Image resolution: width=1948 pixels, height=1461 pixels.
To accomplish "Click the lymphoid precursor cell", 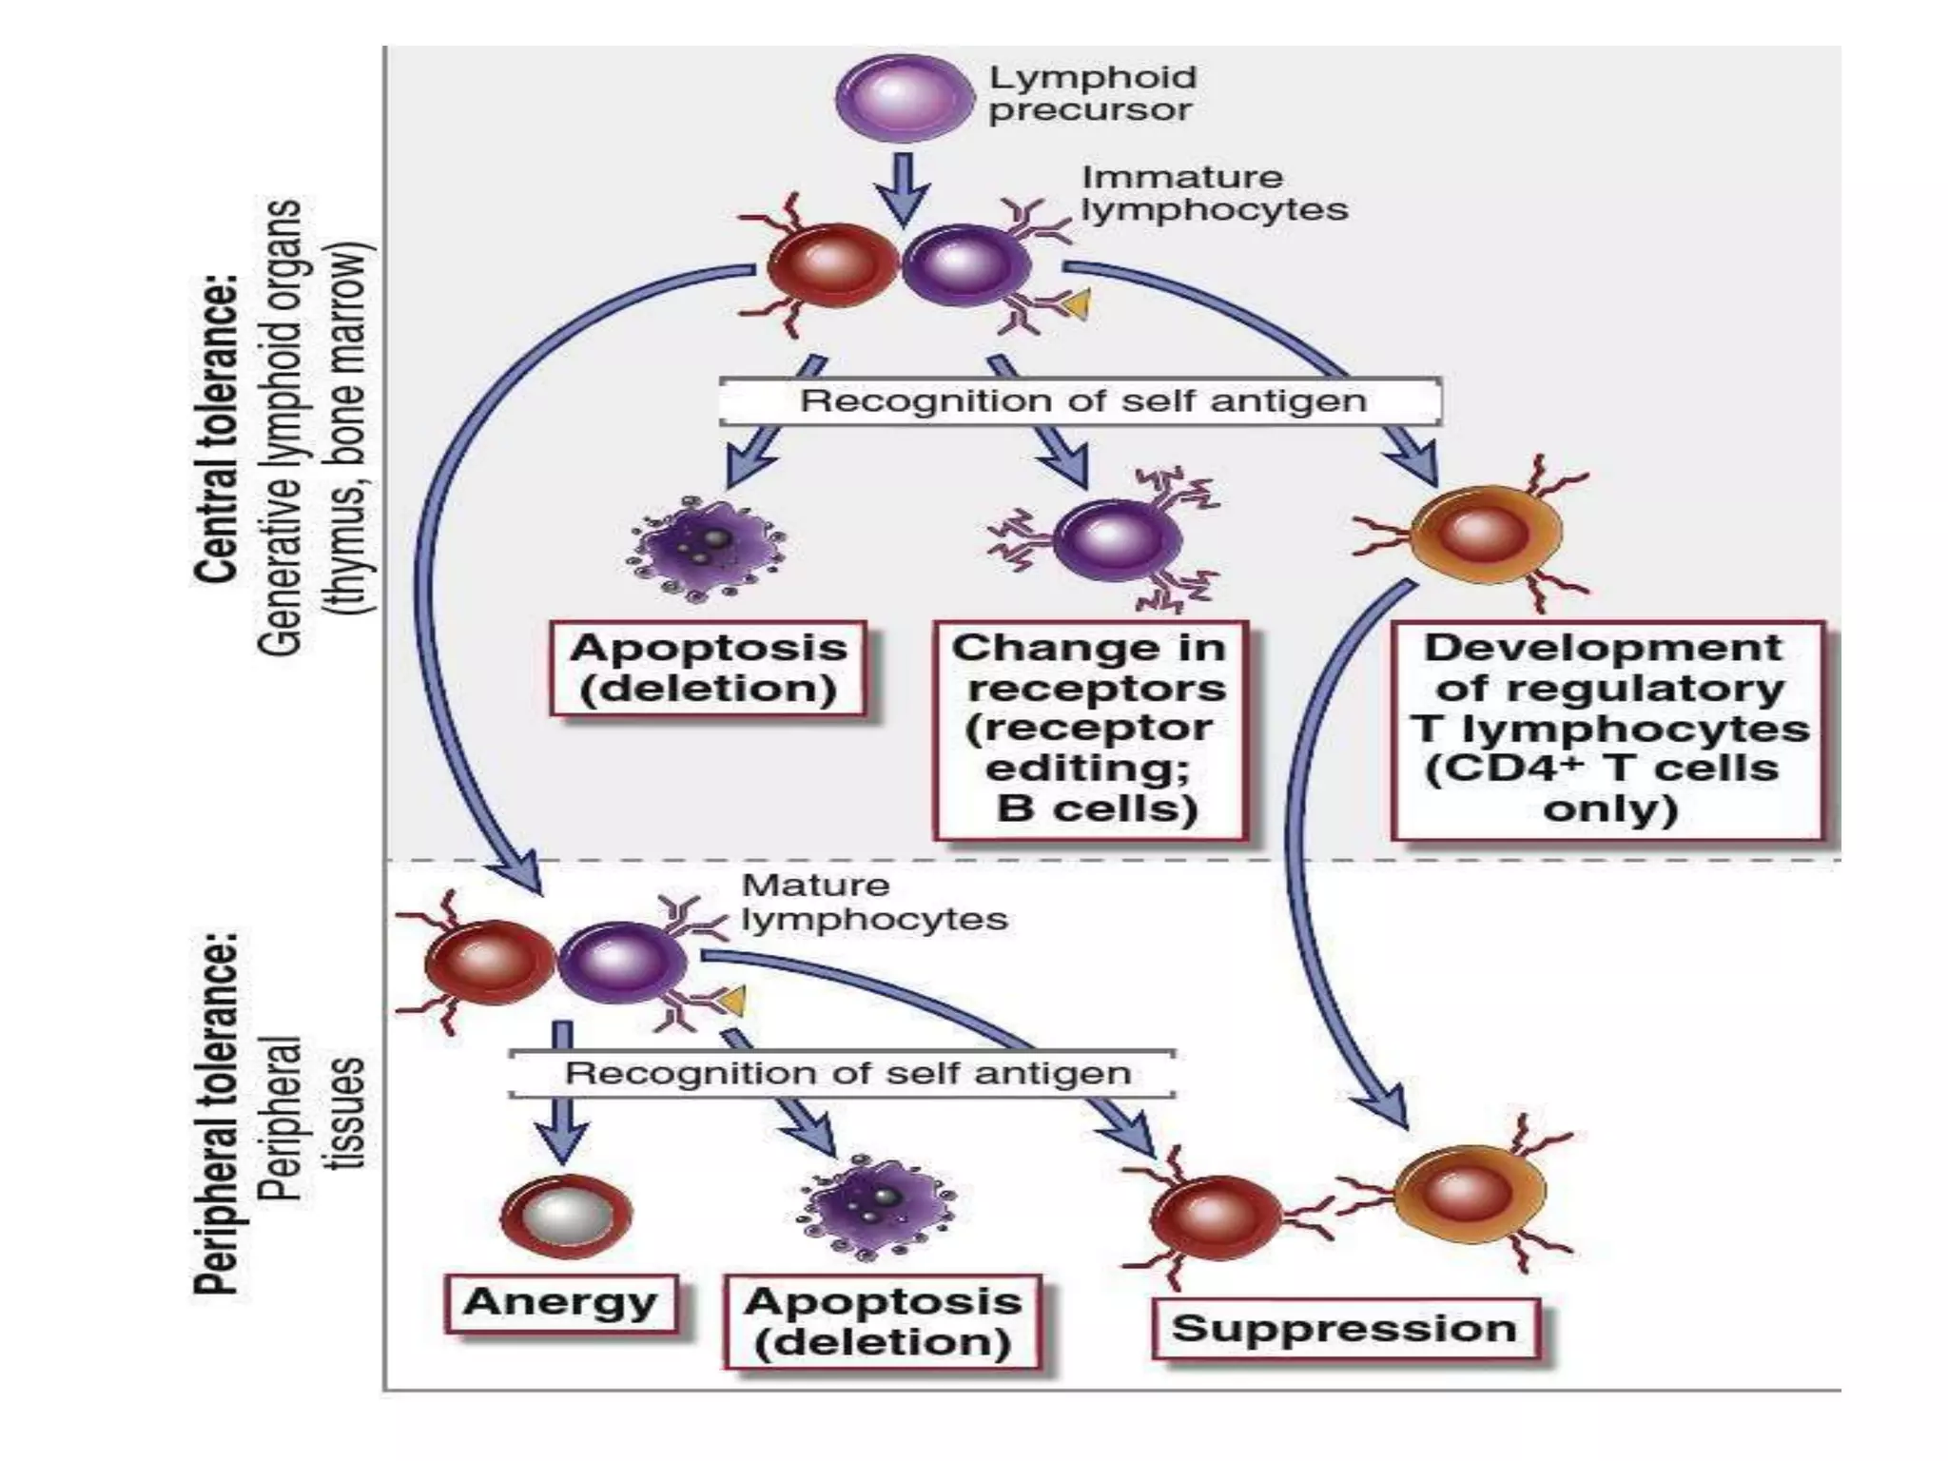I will (x=903, y=98).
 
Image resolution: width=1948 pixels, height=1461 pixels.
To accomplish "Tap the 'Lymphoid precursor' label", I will (x=1091, y=93).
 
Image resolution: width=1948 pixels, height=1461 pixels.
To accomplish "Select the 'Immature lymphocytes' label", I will (x=1215, y=193).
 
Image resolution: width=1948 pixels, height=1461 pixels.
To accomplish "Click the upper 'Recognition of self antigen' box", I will (x=1081, y=400).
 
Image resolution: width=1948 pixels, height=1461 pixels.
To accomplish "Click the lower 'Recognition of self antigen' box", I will (x=844, y=1074).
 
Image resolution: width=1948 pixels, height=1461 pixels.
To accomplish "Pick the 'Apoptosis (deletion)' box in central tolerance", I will (x=709, y=668).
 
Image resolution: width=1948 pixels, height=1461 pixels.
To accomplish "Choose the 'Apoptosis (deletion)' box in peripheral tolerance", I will (x=882, y=1321).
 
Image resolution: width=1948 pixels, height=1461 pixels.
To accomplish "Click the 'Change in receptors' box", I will (x=1090, y=729).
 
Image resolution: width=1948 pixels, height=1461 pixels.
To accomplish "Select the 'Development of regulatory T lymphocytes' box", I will (x=1607, y=729).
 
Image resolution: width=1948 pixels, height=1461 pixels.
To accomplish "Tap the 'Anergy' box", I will (x=561, y=1302).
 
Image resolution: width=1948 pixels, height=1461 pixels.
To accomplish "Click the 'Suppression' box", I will (x=1343, y=1328).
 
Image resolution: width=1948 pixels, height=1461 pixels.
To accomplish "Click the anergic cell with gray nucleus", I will (x=565, y=1215).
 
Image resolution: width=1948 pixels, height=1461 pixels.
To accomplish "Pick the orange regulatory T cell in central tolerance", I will (x=1484, y=533).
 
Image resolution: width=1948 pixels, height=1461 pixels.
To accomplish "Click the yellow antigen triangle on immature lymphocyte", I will (x=1077, y=304).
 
